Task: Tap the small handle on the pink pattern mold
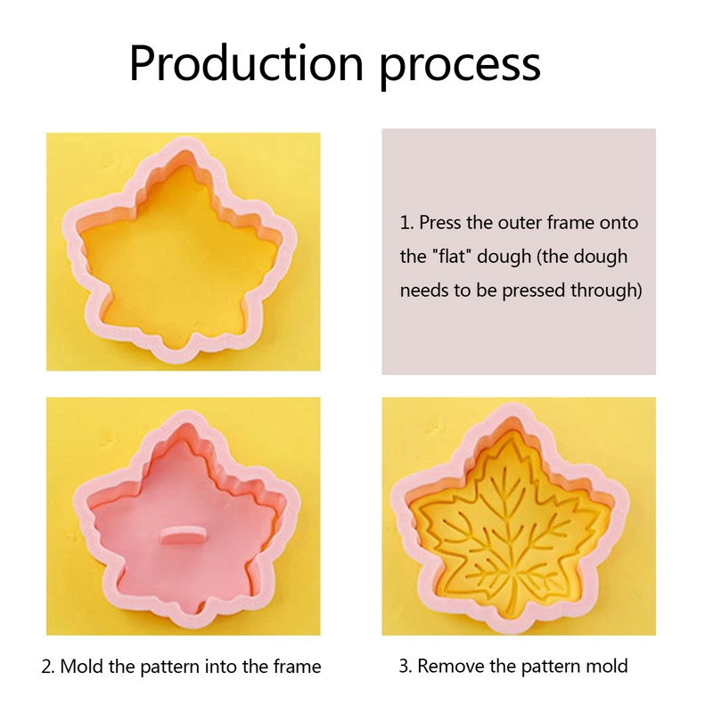click(183, 535)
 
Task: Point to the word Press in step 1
click(440, 223)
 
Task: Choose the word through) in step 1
click(609, 291)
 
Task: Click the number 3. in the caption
click(406, 666)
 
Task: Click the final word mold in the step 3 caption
click(609, 666)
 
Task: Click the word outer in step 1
click(498, 223)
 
